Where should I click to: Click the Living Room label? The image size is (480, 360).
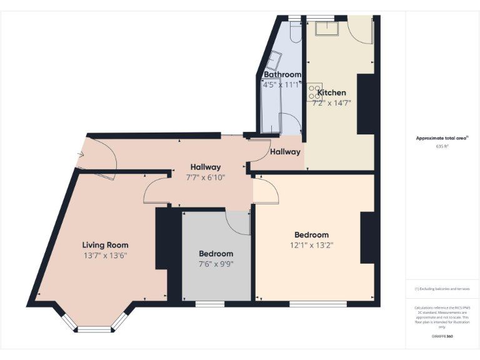tap(105, 245)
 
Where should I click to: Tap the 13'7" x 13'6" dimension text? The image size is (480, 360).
tap(105, 256)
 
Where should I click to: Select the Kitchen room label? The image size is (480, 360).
tap(331, 92)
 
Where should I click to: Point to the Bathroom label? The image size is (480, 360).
tap(282, 74)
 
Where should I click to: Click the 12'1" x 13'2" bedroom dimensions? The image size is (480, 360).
tap(311, 246)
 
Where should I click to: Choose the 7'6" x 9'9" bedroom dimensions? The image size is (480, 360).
tap(216, 264)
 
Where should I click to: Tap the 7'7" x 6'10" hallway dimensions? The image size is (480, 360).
tap(206, 177)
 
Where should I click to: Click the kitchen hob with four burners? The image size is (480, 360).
tap(314, 93)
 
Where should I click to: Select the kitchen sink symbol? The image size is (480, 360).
tap(326, 29)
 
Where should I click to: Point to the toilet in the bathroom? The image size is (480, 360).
tap(296, 32)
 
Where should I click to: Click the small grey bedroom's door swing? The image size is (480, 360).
tap(238, 222)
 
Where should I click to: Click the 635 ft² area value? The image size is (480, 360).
tap(442, 146)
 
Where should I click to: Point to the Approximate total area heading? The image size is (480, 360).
tap(442, 138)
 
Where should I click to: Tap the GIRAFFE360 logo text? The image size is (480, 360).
tap(442, 337)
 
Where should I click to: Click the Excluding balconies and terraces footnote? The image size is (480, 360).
tap(442, 289)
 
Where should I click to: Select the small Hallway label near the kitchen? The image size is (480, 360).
tap(285, 152)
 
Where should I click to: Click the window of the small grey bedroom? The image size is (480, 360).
tap(210, 304)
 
